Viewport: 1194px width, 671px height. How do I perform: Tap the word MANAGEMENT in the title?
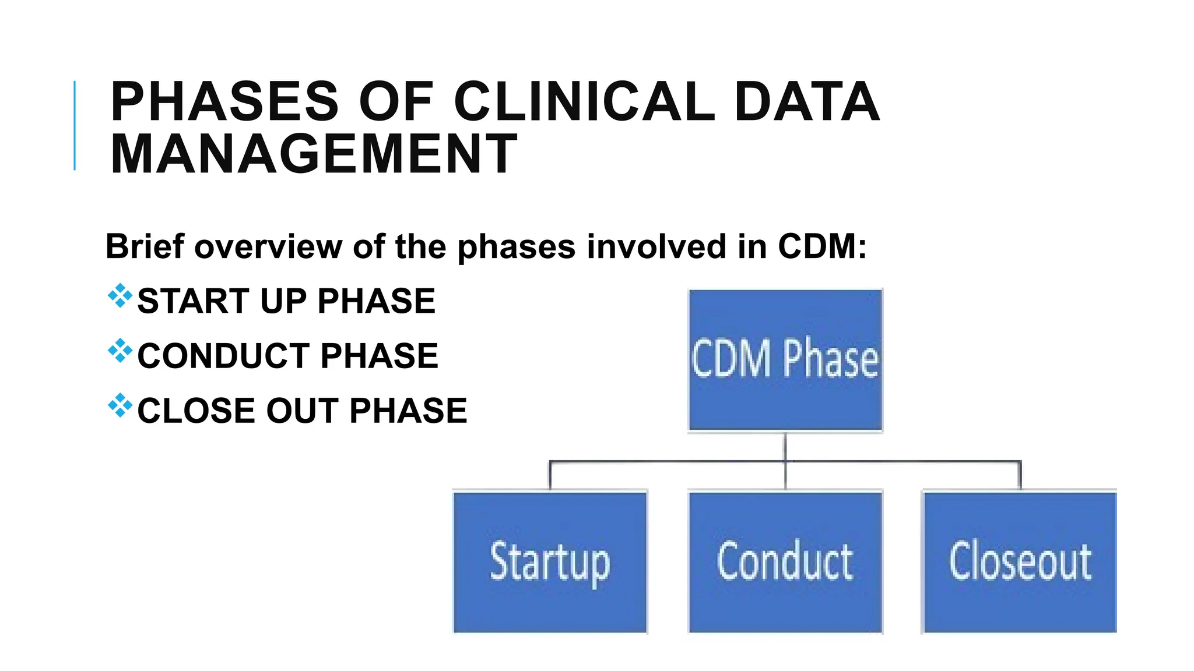(314, 154)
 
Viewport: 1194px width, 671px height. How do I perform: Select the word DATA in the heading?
(806, 102)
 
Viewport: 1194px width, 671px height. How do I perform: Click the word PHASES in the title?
(224, 102)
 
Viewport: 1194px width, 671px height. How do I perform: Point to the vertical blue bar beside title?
(75, 126)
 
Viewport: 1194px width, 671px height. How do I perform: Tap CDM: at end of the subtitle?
(822, 246)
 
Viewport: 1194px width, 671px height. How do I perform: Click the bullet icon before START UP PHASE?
(120, 296)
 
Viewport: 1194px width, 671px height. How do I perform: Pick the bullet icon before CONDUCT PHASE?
(120, 351)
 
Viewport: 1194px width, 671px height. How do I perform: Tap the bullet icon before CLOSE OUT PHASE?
(120, 405)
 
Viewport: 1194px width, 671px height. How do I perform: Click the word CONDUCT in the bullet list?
(224, 356)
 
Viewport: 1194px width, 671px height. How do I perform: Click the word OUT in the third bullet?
(302, 411)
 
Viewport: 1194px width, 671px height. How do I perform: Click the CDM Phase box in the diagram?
(785, 360)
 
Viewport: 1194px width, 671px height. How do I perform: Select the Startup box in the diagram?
(550, 562)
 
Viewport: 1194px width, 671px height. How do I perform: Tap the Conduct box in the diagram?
(785, 562)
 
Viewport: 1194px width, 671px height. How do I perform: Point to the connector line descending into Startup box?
(550, 476)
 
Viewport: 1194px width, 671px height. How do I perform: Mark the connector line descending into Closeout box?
(1020, 476)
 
